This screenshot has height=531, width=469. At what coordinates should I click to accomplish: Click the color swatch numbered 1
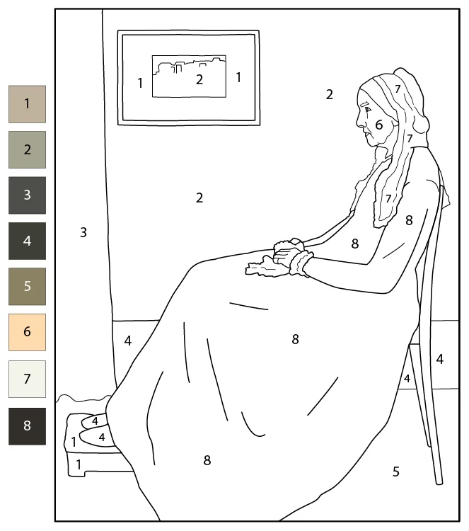[x=27, y=104]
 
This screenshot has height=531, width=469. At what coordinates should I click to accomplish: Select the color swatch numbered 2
[x=27, y=149]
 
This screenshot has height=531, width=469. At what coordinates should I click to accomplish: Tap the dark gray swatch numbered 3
[x=27, y=195]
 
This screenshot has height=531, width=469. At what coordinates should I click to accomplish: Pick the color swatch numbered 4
[x=27, y=241]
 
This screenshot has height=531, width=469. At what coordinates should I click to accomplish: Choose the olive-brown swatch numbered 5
[x=27, y=287]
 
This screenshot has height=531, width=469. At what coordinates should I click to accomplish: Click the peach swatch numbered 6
[x=27, y=332]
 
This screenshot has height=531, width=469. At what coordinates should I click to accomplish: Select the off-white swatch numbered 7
[x=27, y=379]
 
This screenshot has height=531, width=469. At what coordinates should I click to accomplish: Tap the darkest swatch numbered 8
[x=27, y=426]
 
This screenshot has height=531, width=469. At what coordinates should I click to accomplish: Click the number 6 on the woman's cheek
[x=379, y=125]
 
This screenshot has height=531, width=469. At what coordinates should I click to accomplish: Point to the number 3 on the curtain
[x=83, y=232]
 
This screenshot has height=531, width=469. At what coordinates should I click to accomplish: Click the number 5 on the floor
[x=396, y=472]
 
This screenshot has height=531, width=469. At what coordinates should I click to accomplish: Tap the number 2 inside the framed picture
[x=199, y=79]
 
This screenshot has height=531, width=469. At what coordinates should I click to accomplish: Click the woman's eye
[x=367, y=110]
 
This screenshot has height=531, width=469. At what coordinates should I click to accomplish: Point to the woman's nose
[x=359, y=122]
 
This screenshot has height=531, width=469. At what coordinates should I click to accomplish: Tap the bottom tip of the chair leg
[x=439, y=483]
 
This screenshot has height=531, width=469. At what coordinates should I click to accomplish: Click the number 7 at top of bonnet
[x=398, y=88]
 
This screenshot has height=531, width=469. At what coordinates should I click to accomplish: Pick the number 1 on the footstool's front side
[x=79, y=464]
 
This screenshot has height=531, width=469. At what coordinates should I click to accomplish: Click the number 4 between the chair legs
[x=407, y=378]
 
